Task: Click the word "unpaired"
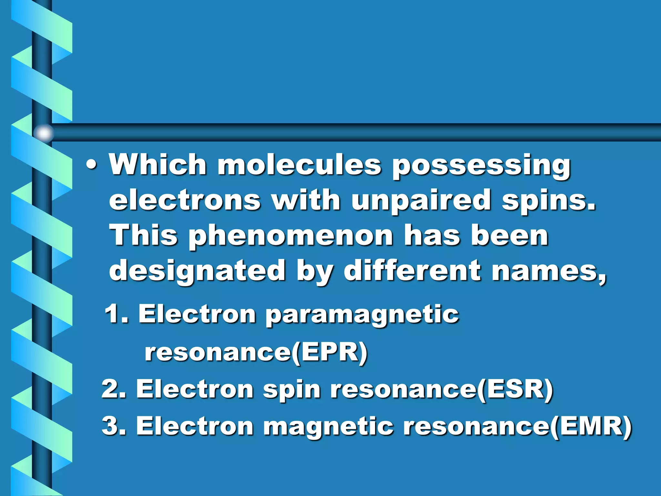tap(421, 200)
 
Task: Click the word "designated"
tap(197, 271)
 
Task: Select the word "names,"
tap(549, 271)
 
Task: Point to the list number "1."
tap(117, 314)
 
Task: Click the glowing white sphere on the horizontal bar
tap(44, 133)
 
